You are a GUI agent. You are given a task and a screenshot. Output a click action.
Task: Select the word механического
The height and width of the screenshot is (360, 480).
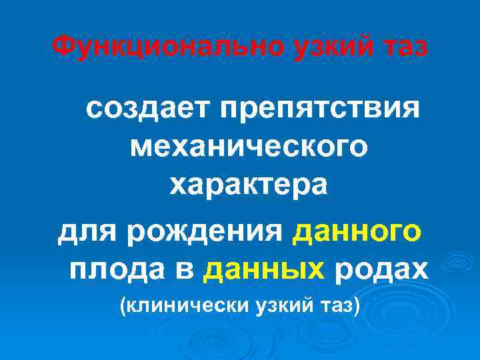point(248,146)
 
